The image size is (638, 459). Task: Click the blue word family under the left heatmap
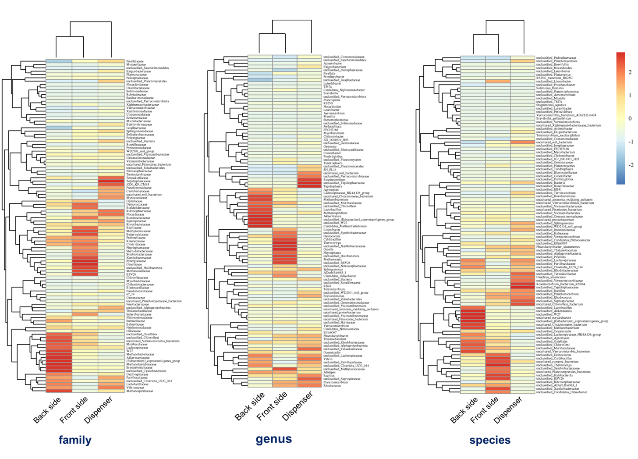click(x=75, y=440)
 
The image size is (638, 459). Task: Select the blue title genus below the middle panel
click(x=274, y=439)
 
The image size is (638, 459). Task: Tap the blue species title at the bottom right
click(x=490, y=440)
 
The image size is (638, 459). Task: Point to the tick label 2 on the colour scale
click(x=630, y=72)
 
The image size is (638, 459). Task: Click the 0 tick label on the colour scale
click(x=630, y=118)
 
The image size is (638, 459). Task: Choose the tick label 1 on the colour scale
click(x=630, y=95)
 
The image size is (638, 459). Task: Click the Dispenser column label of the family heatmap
click(x=99, y=409)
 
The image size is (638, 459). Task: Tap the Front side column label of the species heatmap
click(x=485, y=409)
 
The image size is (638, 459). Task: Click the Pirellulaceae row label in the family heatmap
click(x=136, y=61)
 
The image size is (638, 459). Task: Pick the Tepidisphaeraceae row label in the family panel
click(x=139, y=181)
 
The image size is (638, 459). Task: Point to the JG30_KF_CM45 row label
click(x=138, y=185)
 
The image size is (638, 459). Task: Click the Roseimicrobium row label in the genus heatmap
click(x=334, y=180)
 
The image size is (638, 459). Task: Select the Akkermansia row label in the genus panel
click(x=332, y=216)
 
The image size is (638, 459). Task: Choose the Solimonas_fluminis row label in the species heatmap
click(x=549, y=88)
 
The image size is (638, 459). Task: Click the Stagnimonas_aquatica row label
click(x=551, y=105)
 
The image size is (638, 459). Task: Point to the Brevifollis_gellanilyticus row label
click(x=553, y=118)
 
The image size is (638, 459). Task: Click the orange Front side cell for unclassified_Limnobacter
click(x=498, y=81)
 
